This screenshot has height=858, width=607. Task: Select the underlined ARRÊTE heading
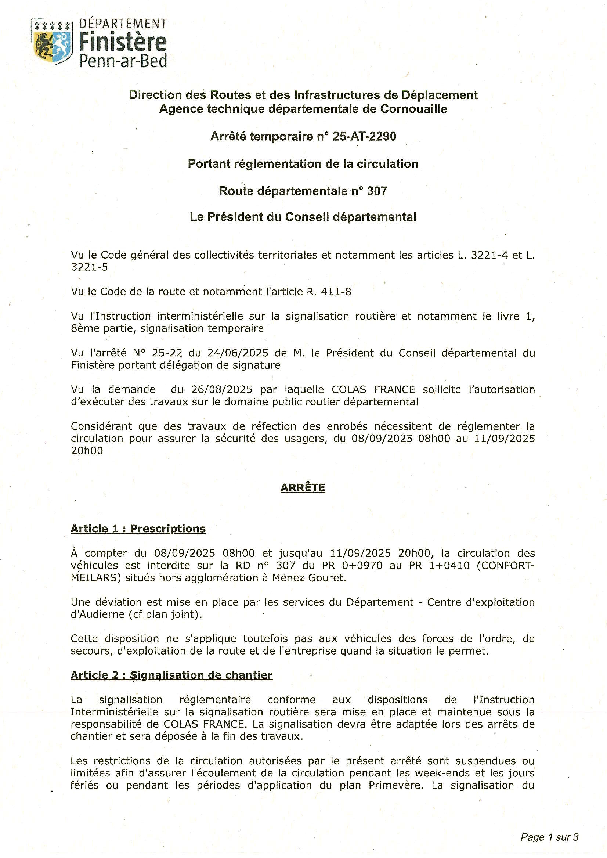(303, 487)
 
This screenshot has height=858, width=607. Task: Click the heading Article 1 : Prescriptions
(138, 529)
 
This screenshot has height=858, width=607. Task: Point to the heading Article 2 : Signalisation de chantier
(171, 675)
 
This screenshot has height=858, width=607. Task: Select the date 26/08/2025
(222, 390)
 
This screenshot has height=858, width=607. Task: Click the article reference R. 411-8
(329, 292)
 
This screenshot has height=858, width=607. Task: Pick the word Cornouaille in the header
(413, 109)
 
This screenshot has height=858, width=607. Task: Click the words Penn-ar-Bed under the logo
(123, 61)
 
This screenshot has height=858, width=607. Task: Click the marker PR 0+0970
(348, 565)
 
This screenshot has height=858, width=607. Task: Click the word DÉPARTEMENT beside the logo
(123, 24)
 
